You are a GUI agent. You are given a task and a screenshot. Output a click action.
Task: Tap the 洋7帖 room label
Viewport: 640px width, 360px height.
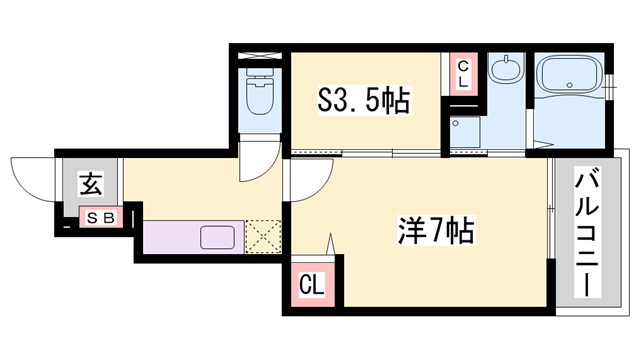click(431, 231)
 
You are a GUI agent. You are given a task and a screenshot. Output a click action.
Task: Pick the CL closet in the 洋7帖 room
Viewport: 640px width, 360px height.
click(313, 284)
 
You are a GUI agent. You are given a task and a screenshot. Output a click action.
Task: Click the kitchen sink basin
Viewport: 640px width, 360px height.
click(217, 237)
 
